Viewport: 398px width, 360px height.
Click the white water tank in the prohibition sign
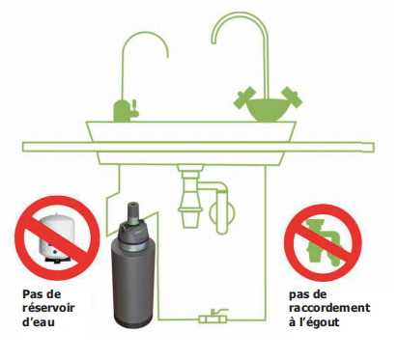tap(55, 235)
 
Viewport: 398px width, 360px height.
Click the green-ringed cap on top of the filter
tap(132, 212)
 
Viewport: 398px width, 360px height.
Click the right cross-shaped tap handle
tap(292, 97)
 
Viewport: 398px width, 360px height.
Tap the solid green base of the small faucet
tap(121, 111)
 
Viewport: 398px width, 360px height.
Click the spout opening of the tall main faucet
tap(213, 42)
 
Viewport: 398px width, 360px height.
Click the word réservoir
tap(48, 308)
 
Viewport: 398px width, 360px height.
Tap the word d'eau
tap(39, 321)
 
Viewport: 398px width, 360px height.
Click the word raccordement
tap(329, 308)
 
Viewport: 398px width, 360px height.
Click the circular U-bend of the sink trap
tap(222, 212)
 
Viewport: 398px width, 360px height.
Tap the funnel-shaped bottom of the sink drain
tap(190, 218)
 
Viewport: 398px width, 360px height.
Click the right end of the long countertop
tap(374, 148)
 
